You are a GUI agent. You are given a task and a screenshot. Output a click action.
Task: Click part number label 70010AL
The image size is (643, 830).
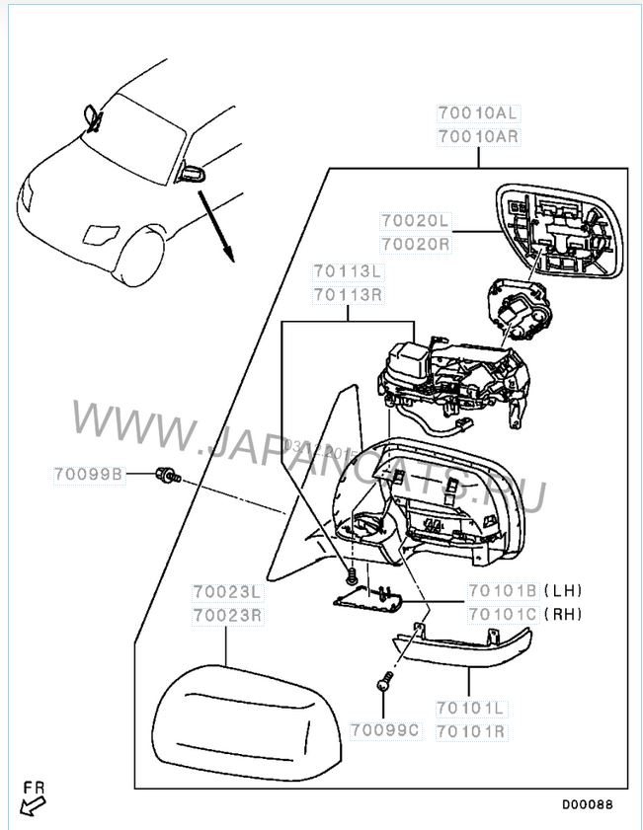click(x=478, y=114)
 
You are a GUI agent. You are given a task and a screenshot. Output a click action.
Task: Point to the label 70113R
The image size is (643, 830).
click(x=348, y=293)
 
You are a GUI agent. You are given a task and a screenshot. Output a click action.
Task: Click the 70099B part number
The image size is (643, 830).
click(x=88, y=475)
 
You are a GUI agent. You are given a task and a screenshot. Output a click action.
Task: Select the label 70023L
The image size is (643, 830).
click(x=226, y=592)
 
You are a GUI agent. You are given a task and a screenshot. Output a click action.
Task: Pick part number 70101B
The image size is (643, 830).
click(x=504, y=591)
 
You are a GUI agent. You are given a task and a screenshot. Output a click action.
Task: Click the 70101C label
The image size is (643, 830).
click(x=504, y=613)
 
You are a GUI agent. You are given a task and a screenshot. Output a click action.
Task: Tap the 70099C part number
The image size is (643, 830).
click(x=385, y=729)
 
